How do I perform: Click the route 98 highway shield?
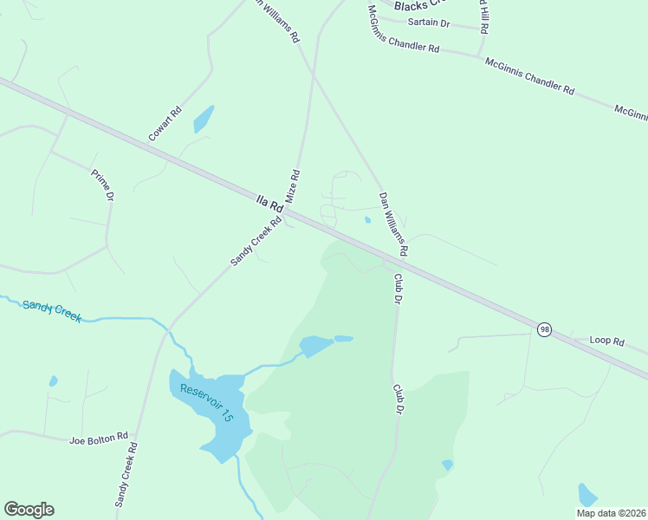click(x=544, y=330)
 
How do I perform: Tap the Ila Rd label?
click(x=270, y=204)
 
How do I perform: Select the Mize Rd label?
click(x=293, y=185)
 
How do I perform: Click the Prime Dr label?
click(x=103, y=185)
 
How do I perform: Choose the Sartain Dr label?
click(x=429, y=23)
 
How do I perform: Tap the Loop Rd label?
click(x=606, y=341)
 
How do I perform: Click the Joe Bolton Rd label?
click(x=99, y=439)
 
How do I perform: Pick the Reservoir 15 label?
click(x=206, y=403)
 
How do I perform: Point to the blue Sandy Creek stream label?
click(x=52, y=310)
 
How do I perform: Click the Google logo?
click(x=29, y=510)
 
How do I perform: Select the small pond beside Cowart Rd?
click(x=203, y=119)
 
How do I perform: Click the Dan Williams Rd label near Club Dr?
click(x=392, y=224)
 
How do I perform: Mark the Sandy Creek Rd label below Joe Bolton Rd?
click(x=126, y=475)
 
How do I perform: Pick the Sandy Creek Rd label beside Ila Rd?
click(x=256, y=240)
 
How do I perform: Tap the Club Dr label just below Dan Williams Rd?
click(x=399, y=289)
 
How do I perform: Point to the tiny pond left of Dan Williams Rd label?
click(x=367, y=220)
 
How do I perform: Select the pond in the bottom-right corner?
click(x=587, y=495)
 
